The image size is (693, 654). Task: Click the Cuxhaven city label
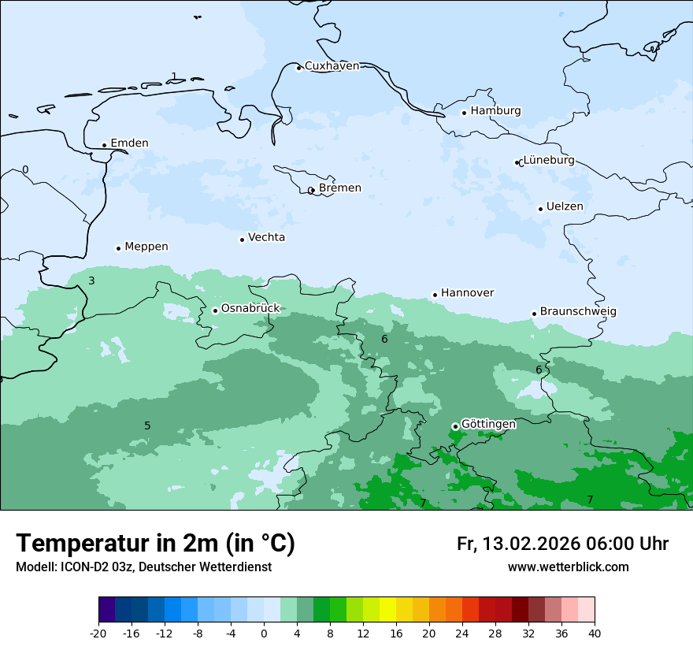pos(332,66)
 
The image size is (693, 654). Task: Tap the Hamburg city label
pos(495,111)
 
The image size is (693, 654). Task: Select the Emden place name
pos(129,143)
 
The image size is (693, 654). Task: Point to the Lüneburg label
pos(549,160)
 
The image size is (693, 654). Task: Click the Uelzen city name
pos(565,206)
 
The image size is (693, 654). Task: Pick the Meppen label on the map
pos(146,247)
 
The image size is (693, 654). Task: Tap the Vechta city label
pos(266,237)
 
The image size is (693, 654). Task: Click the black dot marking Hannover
pos(435,295)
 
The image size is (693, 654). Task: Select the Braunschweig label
pos(578,311)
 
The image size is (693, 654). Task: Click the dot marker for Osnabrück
pos(215,310)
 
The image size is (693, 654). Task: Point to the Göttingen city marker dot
pos(455,426)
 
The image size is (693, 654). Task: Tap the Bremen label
pos(339,188)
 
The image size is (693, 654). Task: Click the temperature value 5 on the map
pos(147,426)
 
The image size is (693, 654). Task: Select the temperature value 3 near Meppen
pos(91,281)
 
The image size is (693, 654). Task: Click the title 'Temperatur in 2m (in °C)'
pos(155,544)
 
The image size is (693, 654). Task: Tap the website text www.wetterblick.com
pos(568,567)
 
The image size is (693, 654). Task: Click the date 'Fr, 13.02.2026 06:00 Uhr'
pos(562,544)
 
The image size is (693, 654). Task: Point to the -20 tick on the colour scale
pos(98,634)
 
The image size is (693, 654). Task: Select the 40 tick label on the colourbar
pos(594,634)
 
